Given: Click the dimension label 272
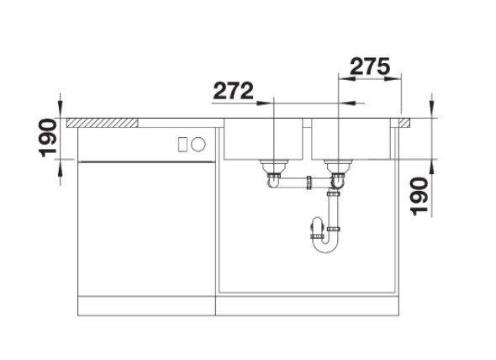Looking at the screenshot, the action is [x=234, y=91].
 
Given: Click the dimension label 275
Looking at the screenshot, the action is [x=369, y=66].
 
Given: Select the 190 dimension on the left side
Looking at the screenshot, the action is [x=47, y=138].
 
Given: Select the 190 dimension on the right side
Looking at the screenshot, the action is [x=419, y=196].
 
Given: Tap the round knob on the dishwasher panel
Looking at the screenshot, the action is [x=198, y=145].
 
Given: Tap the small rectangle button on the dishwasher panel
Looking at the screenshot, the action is [x=182, y=145].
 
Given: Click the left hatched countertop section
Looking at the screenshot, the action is [x=103, y=123].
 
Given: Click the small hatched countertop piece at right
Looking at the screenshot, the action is [x=404, y=123].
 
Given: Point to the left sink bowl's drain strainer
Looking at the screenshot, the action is [x=274, y=166].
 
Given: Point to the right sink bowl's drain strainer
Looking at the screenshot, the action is [x=338, y=166].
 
